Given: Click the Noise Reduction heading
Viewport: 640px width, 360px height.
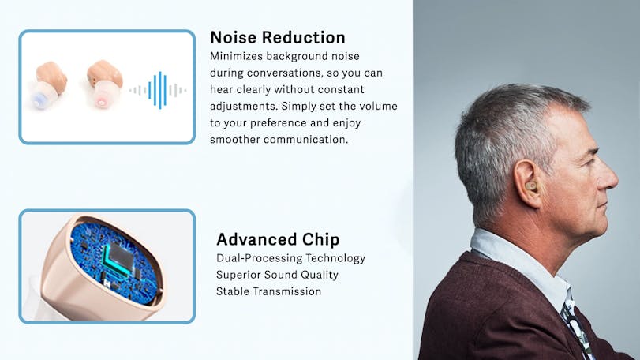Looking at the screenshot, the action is coord(278,37).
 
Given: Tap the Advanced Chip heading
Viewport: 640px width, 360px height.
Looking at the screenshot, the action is coord(278,239).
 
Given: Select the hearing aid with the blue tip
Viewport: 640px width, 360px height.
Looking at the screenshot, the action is coord(48,84).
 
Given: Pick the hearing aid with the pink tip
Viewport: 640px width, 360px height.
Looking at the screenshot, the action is coord(104,84).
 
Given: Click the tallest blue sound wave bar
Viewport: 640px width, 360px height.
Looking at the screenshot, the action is coord(160,90).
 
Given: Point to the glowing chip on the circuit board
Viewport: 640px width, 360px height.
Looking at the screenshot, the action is coord(118,257).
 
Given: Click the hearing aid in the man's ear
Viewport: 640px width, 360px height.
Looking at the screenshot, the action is coord(530,186).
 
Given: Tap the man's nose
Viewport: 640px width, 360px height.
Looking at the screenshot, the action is coord(609,175).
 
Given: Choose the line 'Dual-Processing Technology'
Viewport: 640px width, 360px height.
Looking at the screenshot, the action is coord(290,258).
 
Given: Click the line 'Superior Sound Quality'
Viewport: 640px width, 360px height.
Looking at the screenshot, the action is coord(277,275).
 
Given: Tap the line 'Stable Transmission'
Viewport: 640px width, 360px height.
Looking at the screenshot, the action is coord(268,291).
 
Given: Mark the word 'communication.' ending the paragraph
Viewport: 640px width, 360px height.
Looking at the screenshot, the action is coord(305,140).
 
